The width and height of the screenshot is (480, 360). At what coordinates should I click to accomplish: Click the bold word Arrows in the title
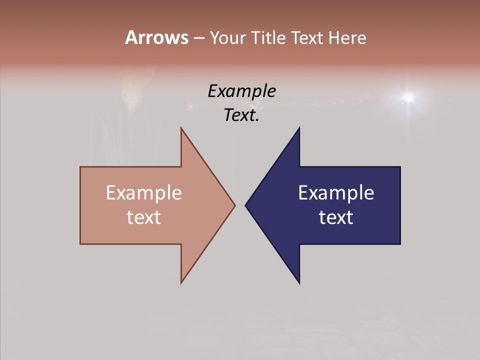coord(156,37)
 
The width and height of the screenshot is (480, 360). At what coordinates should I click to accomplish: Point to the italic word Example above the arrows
coord(241,91)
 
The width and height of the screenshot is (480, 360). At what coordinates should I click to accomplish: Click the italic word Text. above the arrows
coord(241,115)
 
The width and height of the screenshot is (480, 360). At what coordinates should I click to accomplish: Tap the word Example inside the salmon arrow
coord(144,193)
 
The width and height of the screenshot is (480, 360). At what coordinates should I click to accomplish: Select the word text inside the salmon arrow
coord(144,217)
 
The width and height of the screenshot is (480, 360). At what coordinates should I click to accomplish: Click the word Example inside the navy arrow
coord(336,193)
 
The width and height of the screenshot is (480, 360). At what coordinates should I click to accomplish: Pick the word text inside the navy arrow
coord(336,217)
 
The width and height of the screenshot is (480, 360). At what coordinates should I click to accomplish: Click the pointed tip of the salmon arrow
coord(235,205)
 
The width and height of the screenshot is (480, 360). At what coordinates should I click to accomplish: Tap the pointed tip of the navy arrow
coord(245,205)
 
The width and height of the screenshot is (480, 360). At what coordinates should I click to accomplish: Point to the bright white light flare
coord(408,96)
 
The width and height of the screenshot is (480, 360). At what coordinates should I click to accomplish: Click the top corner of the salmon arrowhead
coord(181,128)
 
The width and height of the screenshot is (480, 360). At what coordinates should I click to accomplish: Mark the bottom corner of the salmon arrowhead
coord(181,283)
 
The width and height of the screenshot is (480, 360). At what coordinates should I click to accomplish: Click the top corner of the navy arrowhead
coord(299,128)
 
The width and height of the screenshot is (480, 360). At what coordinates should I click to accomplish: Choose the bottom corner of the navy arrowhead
coord(299,283)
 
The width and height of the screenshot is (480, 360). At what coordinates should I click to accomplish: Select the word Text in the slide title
coord(308,37)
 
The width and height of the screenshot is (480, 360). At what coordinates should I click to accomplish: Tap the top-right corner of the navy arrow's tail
coord(400,167)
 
